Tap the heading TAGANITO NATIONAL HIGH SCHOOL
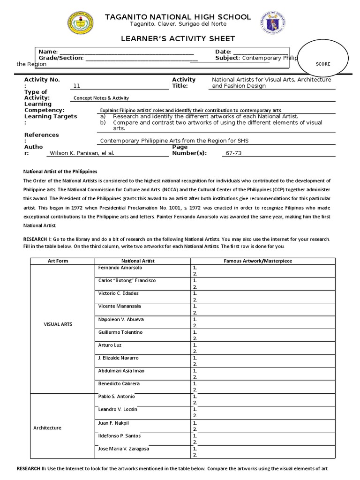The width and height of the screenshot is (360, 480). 178,17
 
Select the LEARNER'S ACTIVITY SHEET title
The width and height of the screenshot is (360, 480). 179,38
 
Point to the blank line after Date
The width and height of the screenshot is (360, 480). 260,52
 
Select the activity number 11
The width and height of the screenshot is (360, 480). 77,86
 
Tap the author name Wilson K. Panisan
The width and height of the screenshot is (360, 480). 82,153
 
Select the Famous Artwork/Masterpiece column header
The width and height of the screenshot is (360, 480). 262,261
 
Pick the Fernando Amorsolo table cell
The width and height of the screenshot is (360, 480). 120,268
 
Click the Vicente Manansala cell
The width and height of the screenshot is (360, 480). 120,306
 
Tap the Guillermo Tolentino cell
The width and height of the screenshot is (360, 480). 120,332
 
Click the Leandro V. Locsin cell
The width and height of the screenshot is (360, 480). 118,410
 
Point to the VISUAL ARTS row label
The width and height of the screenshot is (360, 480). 58,324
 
